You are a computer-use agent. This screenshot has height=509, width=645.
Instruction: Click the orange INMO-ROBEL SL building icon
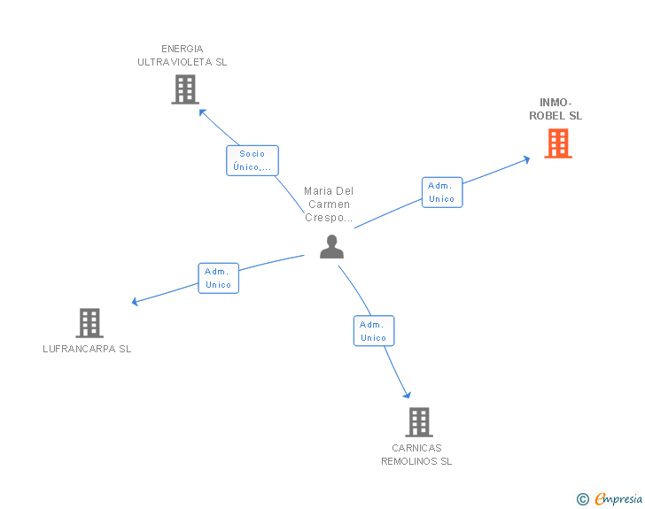(x=557, y=143)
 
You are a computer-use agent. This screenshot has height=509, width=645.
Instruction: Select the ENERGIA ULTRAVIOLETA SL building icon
(x=184, y=89)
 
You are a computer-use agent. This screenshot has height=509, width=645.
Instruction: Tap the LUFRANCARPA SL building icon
(x=89, y=323)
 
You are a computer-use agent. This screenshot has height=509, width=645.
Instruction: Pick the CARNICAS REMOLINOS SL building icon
(x=419, y=422)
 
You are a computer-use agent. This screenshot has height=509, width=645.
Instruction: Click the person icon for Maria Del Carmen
(x=331, y=247)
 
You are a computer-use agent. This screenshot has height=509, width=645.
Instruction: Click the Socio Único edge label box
(x=252, y=160)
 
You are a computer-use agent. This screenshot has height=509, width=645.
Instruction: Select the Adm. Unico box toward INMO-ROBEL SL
(x=441, y=192)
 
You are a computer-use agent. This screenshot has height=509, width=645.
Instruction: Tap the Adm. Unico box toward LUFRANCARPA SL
(x=218, y=278)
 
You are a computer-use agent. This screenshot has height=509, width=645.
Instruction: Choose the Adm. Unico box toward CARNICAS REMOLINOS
(x=373, y=330)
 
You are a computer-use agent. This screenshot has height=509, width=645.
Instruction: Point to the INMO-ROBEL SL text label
(x=556, y=109)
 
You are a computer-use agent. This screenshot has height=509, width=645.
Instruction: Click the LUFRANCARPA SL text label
(x=87, y=349)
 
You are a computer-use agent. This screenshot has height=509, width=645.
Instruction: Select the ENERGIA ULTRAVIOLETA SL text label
(x=183, y=55)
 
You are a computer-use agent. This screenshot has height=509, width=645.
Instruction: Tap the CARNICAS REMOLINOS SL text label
(x=416, y=454)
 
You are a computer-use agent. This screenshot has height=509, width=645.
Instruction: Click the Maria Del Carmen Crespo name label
(x=329, y=204)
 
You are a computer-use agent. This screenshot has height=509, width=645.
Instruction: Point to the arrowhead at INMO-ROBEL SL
(x=526, y=159)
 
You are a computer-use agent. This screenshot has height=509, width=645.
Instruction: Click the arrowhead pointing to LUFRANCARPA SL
(x=136, y=302)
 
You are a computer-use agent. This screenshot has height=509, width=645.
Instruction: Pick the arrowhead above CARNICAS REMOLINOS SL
(x=407, y=395)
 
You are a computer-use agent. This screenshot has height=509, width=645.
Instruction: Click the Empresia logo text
(x=618, y=498)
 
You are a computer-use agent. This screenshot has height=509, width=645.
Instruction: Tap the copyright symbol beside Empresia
(x=582, y=499)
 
